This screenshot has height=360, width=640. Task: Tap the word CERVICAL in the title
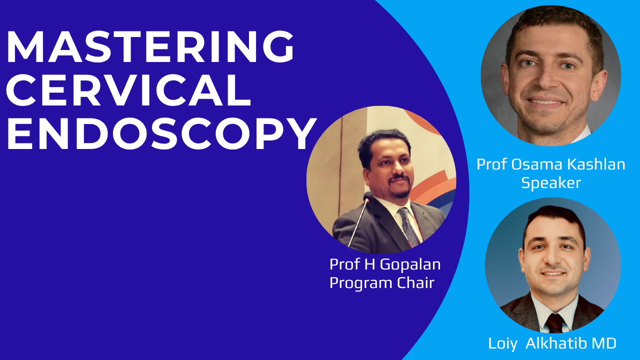[128, 90]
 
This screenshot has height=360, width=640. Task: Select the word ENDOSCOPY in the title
[161, 133]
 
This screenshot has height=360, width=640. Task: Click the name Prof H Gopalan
[385, 264]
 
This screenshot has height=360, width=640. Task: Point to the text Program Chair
[381, 283]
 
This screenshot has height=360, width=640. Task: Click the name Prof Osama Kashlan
[550, 164]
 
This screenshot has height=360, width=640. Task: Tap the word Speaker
[551, 183]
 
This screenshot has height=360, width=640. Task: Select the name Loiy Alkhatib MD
[552, 343]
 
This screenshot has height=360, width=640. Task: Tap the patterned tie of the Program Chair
[408, 227]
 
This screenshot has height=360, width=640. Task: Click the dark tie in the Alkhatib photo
[554, 323]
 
